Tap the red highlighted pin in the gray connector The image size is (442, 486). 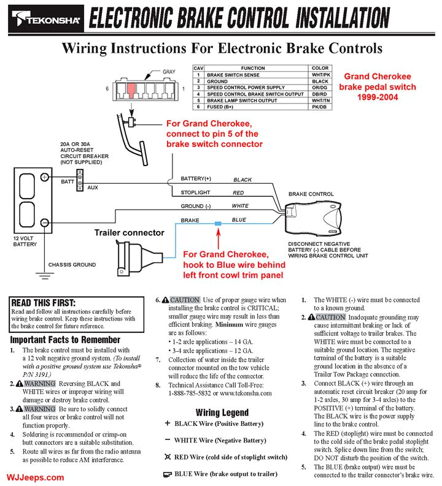pos(131,89)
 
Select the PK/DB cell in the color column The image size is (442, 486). pos(320,107)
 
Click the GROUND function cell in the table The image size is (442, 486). pos(217,81)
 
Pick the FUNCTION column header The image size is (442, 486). pos(253,68)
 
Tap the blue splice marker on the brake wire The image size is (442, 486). pos(217,225)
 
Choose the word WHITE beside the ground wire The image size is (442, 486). pos(240,206)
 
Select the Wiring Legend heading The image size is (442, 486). pos(222,412)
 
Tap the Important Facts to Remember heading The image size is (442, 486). pos(66,340)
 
